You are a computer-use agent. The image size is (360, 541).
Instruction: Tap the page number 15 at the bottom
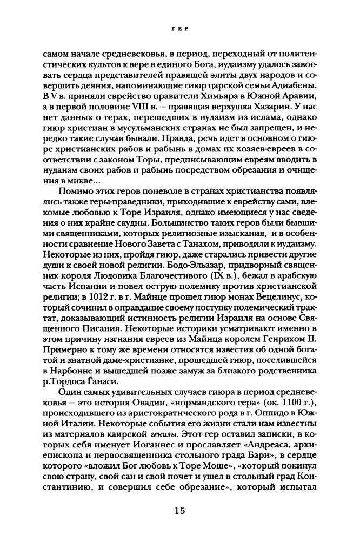pos(179,511)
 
